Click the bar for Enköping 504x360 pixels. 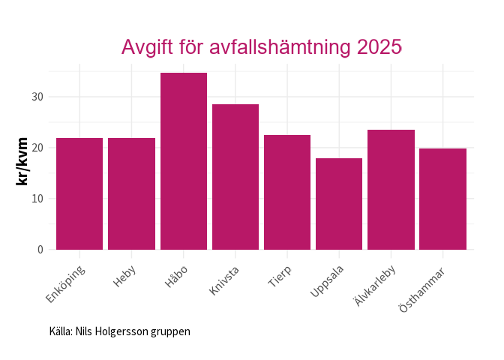pyautogui.click(x=79, y=193)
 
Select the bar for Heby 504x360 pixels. pyautogui.click(x=131, y=193)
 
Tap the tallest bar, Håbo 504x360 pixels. pyautogui.click(x=183, y=161)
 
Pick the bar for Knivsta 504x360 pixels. pyautogui.click(x=235, y=177)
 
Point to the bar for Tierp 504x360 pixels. pyautogui.click(x=286, y=192)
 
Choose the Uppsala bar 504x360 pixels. pyautogui.click(x=338, y=204)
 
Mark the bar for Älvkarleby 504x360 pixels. pyautogui.click(x=390, y=190)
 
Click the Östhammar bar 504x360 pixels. pyautogui.click(x=442, y=199)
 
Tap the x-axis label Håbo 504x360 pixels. pyautogui.click(x=176, y=275)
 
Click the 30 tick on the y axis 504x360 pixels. pyautogui.click(x=37, y=97)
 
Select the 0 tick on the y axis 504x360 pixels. pyautogui.click(x=40, y=250)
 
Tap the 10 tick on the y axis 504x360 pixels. pyautogui.click(x=37, y=199)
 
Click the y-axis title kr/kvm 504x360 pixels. pyautogui.click(x=23, y=161)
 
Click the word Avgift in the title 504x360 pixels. pyautogui.click(x=148, y=47)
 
